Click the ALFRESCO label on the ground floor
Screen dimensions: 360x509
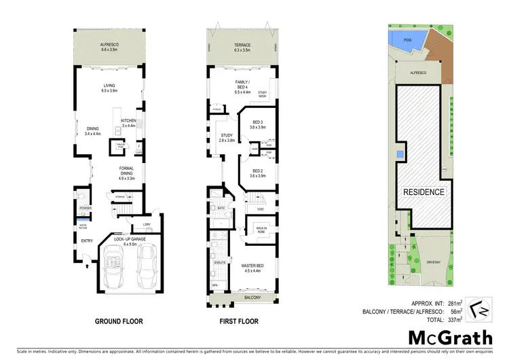point(109,46)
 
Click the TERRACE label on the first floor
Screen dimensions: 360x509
point(242,46)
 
